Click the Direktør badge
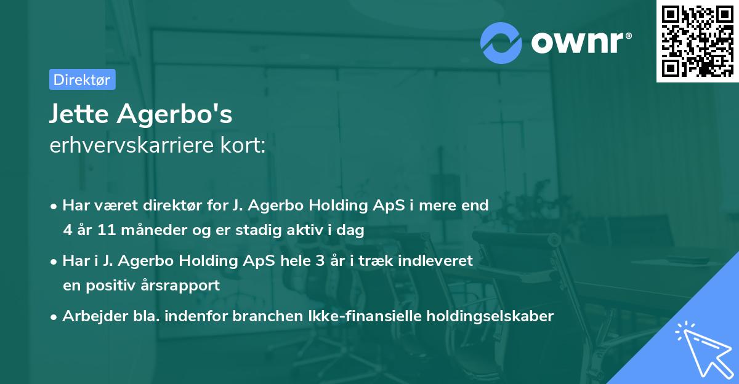pos(82,79)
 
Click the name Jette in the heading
pos(76,114)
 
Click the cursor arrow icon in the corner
pos(701,348)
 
